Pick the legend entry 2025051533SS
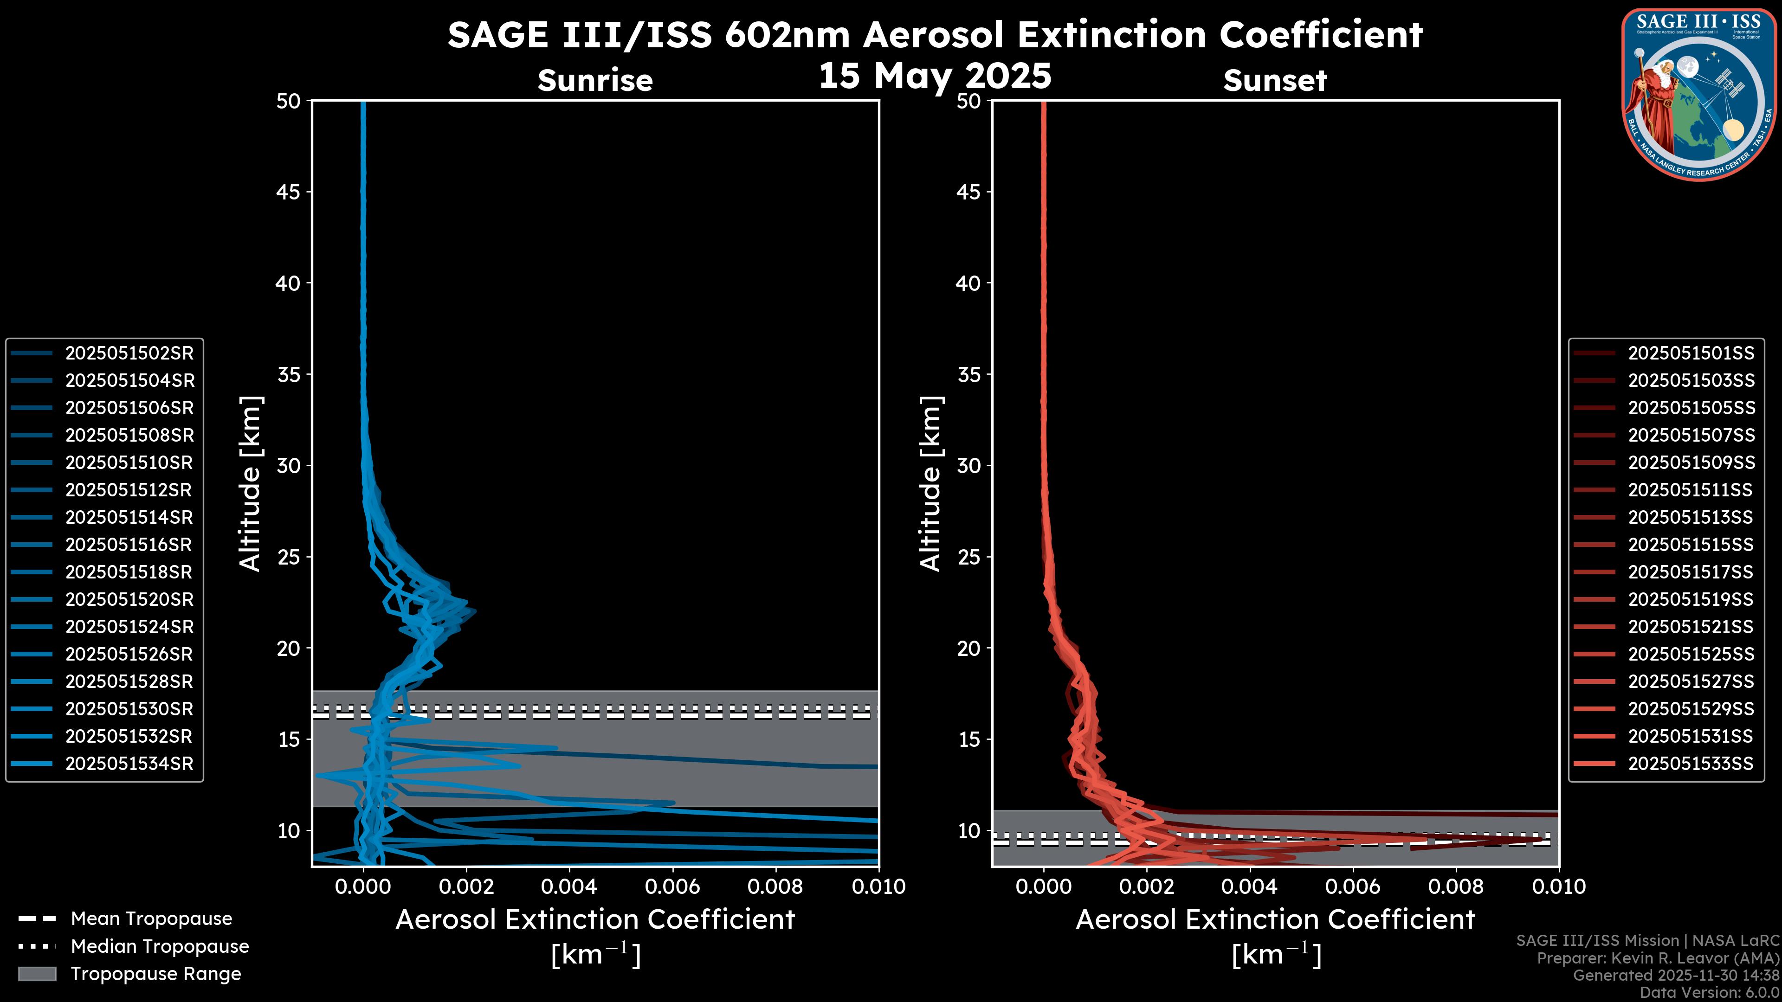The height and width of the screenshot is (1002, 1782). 1691,764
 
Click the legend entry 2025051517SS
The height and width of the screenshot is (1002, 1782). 1691,572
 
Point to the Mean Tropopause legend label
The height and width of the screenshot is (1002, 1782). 151,919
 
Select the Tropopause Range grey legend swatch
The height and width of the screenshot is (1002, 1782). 37,974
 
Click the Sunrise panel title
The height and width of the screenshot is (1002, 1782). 595,81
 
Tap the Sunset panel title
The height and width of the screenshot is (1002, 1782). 1275,81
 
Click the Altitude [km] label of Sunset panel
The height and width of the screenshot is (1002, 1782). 930,483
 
